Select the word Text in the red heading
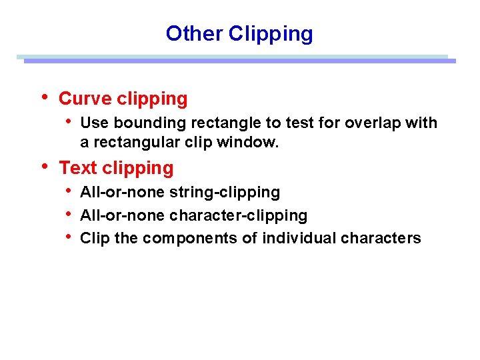[x=78, y=168]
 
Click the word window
[x=252, y=142]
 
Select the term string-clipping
[x=225, y=193]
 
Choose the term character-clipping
[x=239, y=215]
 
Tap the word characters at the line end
[x=381, y=238]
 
